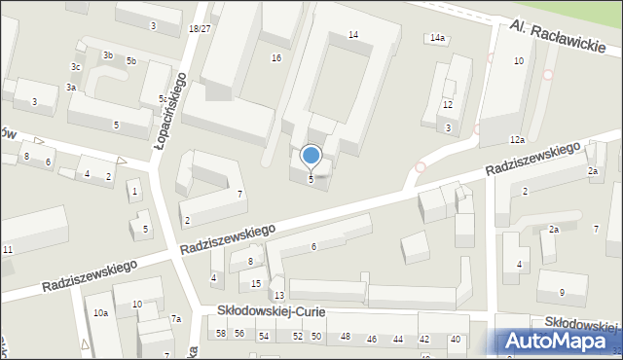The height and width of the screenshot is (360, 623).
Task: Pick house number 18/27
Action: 200,29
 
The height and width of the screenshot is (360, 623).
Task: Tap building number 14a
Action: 437,38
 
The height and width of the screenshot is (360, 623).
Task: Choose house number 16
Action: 276,58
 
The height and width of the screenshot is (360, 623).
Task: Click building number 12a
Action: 516,140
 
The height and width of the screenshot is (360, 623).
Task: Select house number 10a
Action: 100,313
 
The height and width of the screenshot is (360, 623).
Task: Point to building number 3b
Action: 107,55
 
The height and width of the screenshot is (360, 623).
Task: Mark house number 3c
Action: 75,66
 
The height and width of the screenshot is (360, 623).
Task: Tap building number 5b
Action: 131,61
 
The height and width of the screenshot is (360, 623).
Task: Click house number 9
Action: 562,293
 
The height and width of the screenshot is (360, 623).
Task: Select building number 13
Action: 278,295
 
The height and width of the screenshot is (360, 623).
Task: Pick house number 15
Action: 256,283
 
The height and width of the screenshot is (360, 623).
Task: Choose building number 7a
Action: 176,319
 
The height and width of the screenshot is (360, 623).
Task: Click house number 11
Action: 8,251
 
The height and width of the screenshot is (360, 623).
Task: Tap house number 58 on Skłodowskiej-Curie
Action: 221,335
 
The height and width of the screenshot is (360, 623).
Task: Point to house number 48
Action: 345,337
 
